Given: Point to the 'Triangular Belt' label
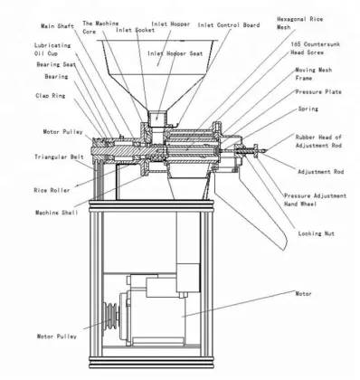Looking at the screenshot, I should [x=38, y=157].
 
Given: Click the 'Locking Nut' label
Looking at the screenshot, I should [x=317, y=233].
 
